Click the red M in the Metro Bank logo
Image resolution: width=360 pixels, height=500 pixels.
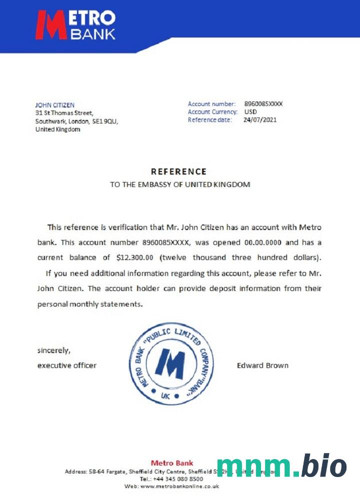(x=51, y=25)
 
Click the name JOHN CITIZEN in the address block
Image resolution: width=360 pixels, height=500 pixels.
(x=54, y=105)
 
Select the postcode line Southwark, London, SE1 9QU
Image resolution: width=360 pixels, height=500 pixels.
(x=76, y=121)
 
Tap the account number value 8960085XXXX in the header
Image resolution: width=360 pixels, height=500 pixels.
(x=263, y=104)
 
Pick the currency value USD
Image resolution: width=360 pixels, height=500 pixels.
(x=250, y=112)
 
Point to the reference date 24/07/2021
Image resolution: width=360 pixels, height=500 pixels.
(x=260, y=120)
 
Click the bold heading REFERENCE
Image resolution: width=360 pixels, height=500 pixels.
(x=178, y=171)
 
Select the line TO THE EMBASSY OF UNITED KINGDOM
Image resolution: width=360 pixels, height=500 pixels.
(x=180, y=184)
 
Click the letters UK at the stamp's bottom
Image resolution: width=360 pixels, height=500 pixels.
(x=166, y=396)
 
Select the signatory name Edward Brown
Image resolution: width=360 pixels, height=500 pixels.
(x=262, y=365)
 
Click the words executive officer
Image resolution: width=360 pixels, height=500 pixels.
(x=67, y=365)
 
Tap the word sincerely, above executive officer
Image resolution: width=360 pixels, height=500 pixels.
(x=54, y=350)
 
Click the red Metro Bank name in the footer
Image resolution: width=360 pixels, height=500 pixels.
(x=171, y=463)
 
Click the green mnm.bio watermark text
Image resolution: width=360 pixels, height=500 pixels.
(x=281, y=466)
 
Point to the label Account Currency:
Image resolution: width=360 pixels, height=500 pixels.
(x=212, y=112)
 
